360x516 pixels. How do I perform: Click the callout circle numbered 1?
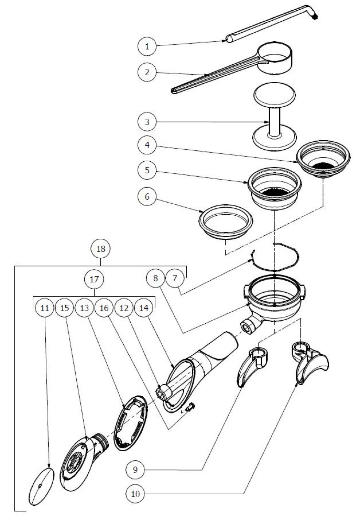coord(148,46)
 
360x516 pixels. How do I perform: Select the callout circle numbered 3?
coord(148,122)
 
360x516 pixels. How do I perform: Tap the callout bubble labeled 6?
coord(148,196)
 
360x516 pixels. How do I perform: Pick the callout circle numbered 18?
coord(101,248)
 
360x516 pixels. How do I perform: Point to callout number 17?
coord(94,280)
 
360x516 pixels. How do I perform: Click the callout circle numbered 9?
coord(135,469)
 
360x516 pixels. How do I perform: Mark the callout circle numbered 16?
coord(104,308)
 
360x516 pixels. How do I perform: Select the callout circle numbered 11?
coord(45,308)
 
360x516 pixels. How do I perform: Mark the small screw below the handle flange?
coord(189,407)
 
